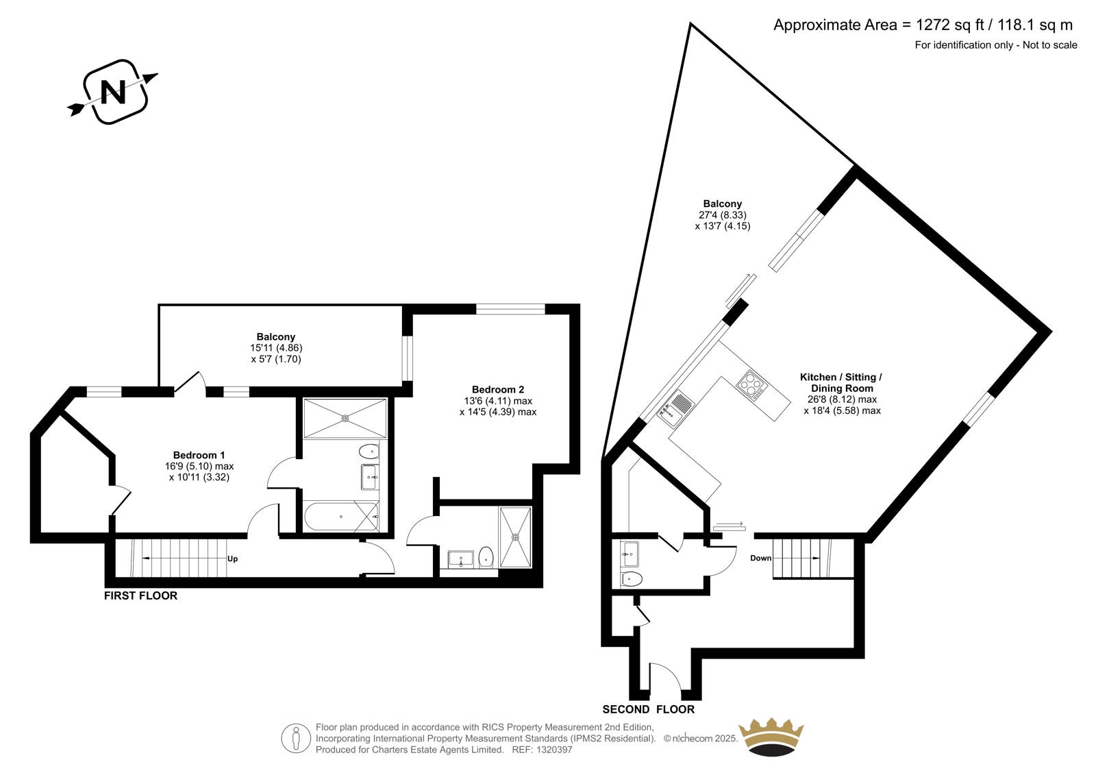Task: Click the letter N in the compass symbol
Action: tap(113, 92)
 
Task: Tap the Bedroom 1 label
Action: tap(199, 455)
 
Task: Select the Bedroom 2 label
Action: tap(498, 390)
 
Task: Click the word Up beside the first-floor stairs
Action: tap(232, 558)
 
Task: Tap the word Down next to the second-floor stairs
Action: tap(761, 558)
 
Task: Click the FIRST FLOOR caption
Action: tap(141, 596)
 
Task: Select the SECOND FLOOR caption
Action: tap(648, 709)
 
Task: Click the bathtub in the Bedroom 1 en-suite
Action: tap(342, 517)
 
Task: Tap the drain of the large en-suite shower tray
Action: tap(345, 418)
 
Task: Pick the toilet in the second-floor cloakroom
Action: tap(631, 580)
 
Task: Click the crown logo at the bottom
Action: tap(771, 737)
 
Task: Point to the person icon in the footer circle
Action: tap(295, 738)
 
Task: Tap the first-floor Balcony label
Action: tap(276, 337)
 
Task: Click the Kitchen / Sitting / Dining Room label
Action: tap(842, 383)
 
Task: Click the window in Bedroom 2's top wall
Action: tap(510, 309)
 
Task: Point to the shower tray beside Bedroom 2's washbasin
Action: tap(515, 537)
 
